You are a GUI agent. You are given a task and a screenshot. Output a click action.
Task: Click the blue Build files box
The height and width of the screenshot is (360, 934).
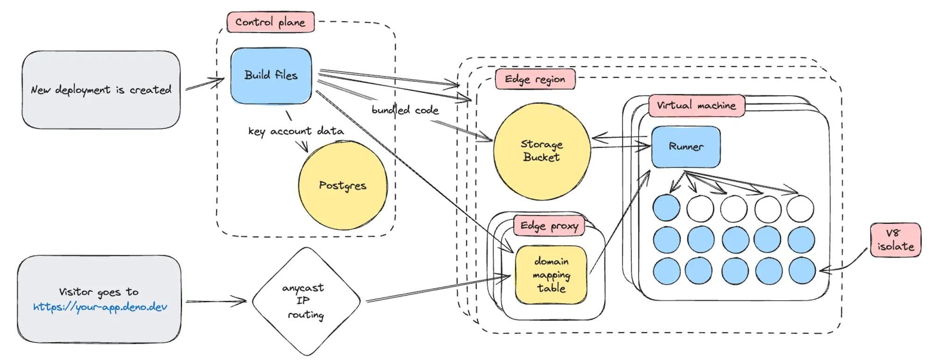pos(271,75)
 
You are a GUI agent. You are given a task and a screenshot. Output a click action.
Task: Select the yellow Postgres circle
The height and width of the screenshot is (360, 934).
pos(343,185)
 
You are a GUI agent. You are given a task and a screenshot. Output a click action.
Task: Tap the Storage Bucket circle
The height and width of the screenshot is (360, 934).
pos(542,151)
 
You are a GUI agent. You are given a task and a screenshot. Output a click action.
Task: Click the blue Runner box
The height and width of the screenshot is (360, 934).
pos(686,147)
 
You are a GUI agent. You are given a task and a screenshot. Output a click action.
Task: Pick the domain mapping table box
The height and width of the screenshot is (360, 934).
pos(551,275)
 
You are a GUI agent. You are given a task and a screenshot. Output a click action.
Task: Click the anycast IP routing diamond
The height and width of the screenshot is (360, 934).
pos(306,301)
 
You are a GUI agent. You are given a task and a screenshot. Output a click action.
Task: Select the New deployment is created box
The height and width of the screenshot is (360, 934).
pos(101,90)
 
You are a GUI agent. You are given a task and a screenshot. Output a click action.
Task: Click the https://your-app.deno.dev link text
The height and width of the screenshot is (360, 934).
pos(100,307)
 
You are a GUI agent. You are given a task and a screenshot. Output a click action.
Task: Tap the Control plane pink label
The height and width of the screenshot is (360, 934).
pos(270,22)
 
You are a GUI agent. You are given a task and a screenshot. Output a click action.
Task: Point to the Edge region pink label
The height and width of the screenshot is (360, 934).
pos(535,79)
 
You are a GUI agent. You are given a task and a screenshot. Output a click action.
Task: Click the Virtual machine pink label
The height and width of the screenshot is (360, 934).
pos(696,106)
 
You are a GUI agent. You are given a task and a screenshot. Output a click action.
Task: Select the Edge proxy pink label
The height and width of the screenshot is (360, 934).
pos(549,226)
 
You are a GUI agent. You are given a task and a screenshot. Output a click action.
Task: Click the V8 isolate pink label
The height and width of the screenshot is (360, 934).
pos(895,240)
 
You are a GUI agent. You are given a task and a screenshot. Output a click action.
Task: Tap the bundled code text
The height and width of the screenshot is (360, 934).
pos(405,110)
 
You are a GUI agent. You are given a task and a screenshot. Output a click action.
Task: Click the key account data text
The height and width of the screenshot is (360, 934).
pos(296,131)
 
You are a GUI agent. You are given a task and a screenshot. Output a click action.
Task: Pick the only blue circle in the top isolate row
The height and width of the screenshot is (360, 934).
pos(666,208)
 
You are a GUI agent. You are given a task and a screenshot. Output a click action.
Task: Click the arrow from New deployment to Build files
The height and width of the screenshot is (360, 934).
pos(205,84)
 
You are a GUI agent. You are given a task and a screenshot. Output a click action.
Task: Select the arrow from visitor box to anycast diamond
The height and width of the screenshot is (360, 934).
pos(216,302)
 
